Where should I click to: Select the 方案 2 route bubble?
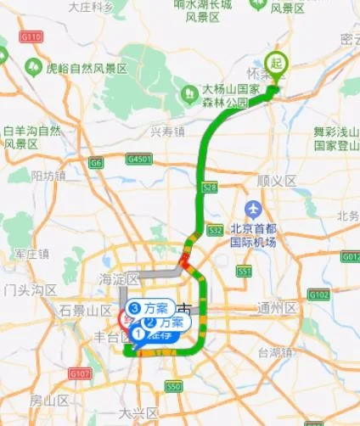tap(164, 322)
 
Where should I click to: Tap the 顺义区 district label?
tap(276, 181)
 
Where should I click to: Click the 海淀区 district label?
tap(118, 278)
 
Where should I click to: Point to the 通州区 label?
tap(278, 308)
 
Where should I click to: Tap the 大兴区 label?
tap(135, 413)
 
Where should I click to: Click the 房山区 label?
tap(48, 400)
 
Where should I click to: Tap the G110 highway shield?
tap(32, 37)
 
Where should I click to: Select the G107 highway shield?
tap(80, 373)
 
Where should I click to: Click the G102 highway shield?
tap(318, 294)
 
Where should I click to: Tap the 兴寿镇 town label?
tap(167, 132)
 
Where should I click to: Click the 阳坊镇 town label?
tap(48, 176)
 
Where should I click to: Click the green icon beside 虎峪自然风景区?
tap(35, 64)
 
